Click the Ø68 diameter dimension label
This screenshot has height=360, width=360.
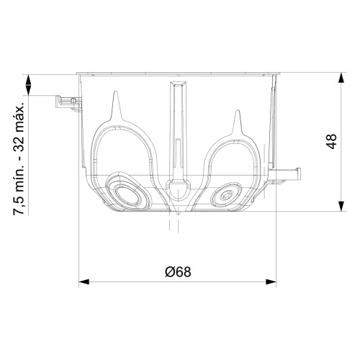point(178,272)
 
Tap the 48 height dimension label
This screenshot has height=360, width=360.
point(331,141)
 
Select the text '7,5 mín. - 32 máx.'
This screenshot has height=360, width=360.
point(19,159)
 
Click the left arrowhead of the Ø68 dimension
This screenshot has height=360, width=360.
point(84,282)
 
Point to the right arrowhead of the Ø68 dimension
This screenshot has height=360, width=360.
point(271,282)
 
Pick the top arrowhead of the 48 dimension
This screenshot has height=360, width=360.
point(341,78)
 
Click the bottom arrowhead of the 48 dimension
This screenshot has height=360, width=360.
point(341,206)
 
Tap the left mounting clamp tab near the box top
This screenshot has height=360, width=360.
point(68,103)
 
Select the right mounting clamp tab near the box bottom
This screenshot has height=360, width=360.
point(284,176)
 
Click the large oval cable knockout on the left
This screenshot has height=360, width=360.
point(127,190)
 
